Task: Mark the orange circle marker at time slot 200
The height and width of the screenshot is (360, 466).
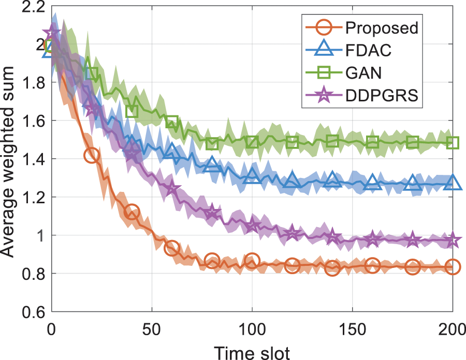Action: [453, 267]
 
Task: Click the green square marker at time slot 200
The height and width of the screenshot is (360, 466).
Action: [453, 143]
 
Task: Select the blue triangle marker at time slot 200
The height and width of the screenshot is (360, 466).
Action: [453, 183]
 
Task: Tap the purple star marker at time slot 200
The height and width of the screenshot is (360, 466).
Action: [453, 241]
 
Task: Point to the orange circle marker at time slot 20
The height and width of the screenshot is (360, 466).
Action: [91, 155]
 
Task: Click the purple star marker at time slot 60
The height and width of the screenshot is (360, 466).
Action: [171, 189]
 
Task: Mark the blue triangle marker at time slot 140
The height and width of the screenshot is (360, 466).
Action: [332, 181]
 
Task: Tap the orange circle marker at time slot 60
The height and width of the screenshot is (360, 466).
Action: [171, 248]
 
